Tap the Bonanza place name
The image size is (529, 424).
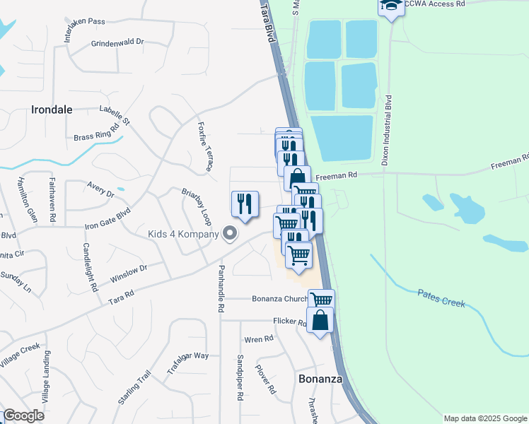(320, 379)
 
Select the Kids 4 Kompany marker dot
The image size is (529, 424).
(229, 232)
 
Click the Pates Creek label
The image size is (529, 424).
(441, 297)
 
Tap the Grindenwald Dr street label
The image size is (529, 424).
(117, 43)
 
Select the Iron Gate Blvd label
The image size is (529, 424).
(108, 218)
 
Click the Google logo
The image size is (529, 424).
(23, 416)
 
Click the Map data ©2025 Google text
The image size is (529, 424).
(485, 418)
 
